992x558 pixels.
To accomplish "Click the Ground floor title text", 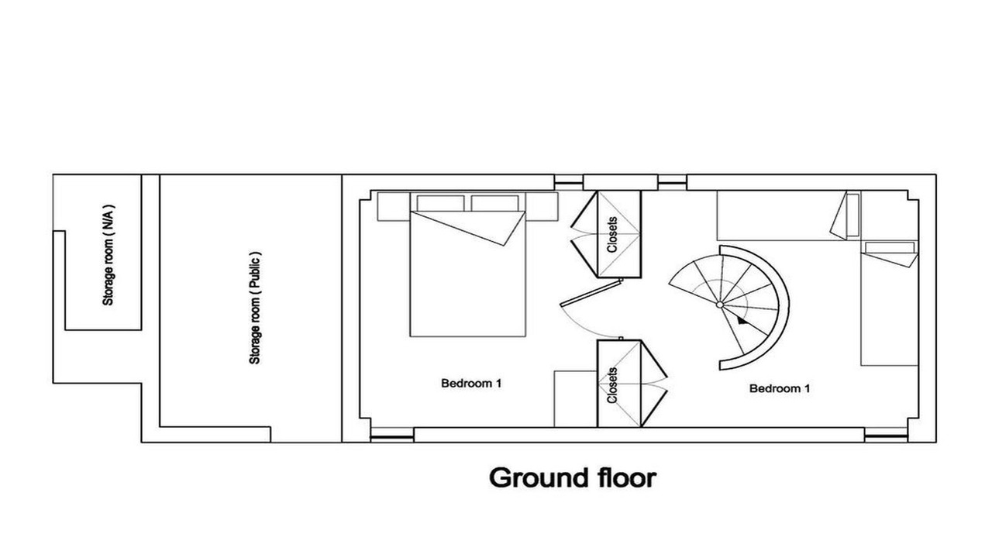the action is click(x=573, y=478).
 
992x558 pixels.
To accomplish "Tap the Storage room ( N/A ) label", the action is click(x=108, y=255).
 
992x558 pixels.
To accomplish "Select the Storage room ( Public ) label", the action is click(x=255, y=308).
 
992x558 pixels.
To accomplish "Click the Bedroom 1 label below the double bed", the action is click(x=471, y=383).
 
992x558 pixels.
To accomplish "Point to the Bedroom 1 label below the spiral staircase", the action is click(x=780, y=388).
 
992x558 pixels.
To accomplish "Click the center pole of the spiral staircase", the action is click(x=720, y=305).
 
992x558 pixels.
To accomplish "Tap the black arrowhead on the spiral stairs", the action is click(x=742, y=321).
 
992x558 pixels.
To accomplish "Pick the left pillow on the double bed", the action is click(x=441, y=203).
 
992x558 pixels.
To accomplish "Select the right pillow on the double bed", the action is click(x=495, y=203).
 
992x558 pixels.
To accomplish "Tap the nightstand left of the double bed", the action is click(x=394, y=206).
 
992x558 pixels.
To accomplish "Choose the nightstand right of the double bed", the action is click(x=542, y=206).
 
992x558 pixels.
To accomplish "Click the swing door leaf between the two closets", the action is click(x=591, y=292).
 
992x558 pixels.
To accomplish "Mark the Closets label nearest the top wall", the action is click(x=612, y=234).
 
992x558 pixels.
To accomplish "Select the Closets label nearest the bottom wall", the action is click(x=612, y=385).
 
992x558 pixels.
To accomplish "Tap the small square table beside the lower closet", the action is click(x=576, y=399).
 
